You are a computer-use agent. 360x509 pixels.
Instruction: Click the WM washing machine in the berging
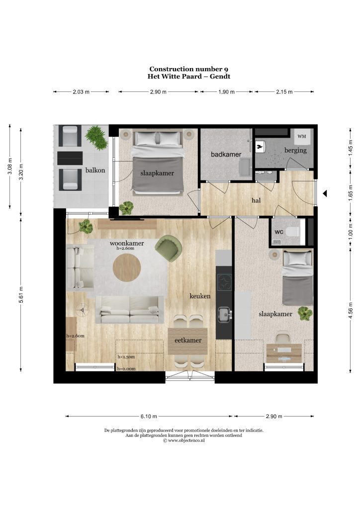(x=301, y=136)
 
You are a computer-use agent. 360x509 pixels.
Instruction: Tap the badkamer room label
(x=226, y=154)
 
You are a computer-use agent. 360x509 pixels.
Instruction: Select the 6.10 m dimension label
(x=149, y=416)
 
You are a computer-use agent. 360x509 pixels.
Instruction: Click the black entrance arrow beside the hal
(x=325, y=194)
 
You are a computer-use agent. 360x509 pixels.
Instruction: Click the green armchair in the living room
(x=168, y=248)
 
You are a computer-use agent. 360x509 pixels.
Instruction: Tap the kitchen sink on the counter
(x=225, y=315)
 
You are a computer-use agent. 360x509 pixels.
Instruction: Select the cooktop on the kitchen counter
(x=225, y=282)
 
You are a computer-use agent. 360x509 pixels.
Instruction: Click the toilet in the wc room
(x=295, y=232)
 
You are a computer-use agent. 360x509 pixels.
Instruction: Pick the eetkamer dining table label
(x=188, y=340)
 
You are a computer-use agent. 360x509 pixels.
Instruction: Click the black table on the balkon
(x=70, y=158)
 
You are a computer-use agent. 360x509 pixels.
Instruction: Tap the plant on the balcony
(x=97, y=138)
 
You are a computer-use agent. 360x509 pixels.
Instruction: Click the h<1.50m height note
(x=126, y=357)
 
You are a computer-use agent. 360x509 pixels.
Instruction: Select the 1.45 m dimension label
(x=350, y=148)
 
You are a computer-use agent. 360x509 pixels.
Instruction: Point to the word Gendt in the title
(x=220, y=77)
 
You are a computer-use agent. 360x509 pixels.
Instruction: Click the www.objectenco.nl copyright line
(x=184, y=440)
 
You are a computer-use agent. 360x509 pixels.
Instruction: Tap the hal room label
(x=256, y=200)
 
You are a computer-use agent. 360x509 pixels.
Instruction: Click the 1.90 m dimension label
(x=226, y=92)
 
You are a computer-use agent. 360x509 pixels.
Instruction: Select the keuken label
(x=200, y=296)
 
